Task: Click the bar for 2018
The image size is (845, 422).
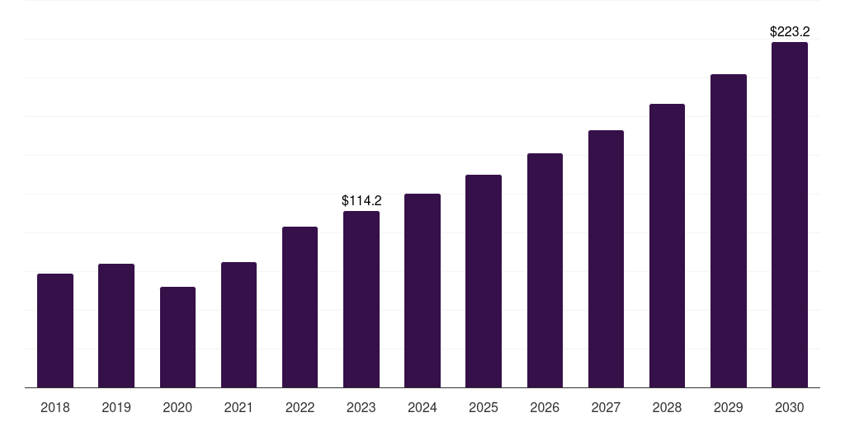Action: pos(55,331)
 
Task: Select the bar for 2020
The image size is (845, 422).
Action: pos(177,337)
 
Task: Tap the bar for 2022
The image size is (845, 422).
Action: pos(300,307)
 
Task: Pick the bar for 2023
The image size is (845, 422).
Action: pos(361,299)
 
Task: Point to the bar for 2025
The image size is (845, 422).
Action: pos(484,281)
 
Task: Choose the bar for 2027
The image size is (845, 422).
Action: pos(606,259)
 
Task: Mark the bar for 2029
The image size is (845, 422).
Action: pos(729,231)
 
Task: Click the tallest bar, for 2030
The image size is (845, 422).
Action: pos(790,214)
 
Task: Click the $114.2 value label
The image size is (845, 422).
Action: pos(361,200)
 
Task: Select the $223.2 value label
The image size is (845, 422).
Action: pos(790,32)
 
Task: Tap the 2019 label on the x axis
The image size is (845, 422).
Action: pos(116,407)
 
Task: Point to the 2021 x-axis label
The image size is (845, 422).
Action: pos(238,407)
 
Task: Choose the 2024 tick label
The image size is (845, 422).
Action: pos(422,407)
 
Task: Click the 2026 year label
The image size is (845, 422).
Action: pos(545,407)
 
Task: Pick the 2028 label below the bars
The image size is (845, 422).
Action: pos(667,407)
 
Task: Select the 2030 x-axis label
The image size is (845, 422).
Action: pos(790,407)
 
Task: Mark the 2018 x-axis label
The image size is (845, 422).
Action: pos(55,407)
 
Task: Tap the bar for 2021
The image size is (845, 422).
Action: pos(238,325)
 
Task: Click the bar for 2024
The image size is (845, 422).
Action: pos(422,290)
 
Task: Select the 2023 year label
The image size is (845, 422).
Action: pos(361,407)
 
